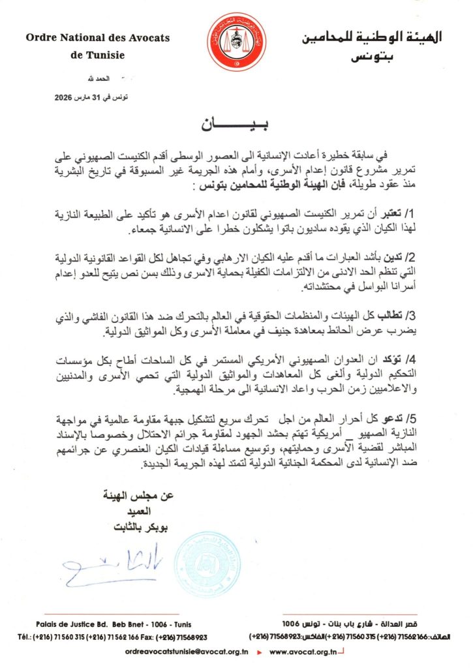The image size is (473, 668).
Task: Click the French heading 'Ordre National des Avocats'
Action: (98, 38)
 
